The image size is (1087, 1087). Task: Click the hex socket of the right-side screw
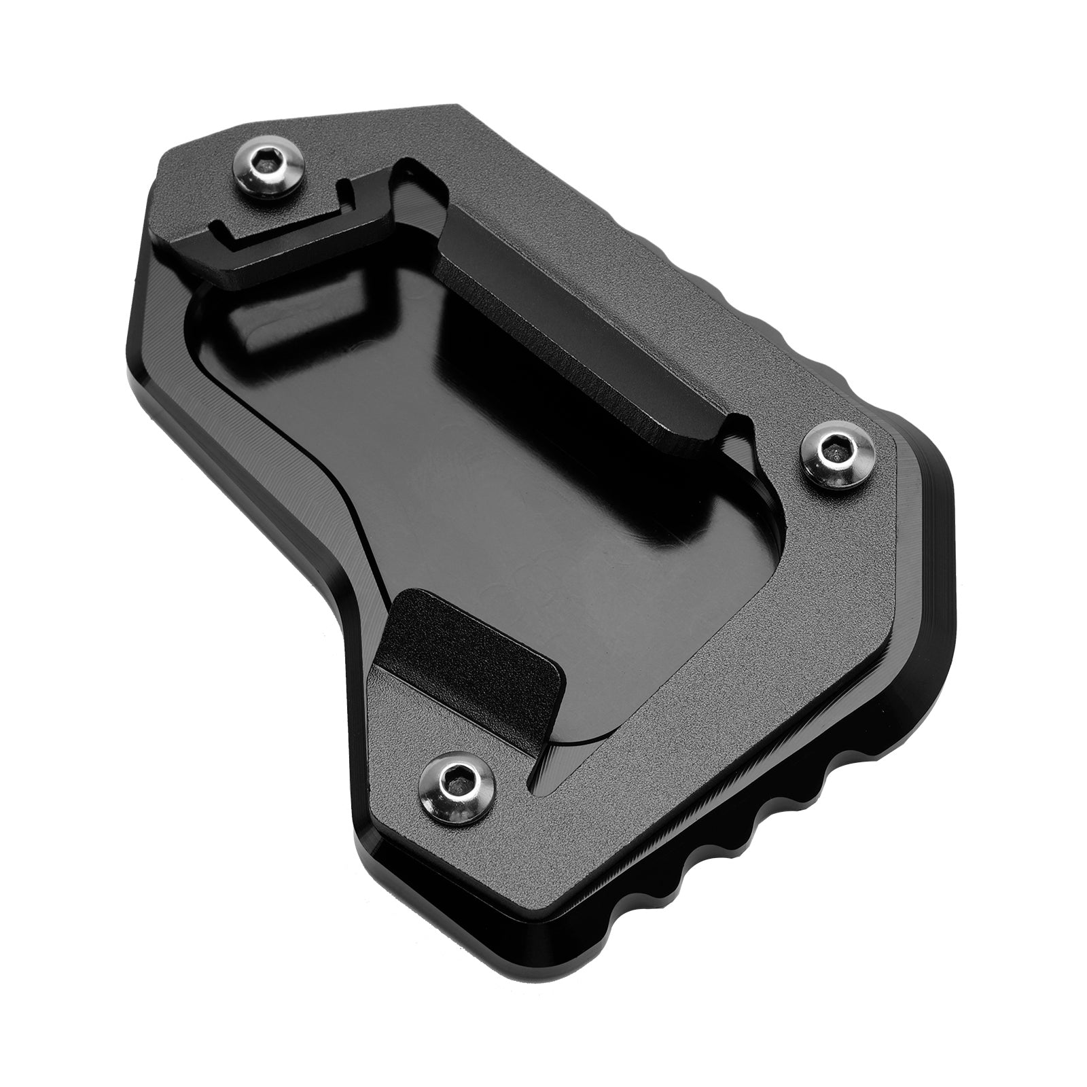pos(833,447)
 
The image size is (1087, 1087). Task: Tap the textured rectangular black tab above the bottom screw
pos(476,652)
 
